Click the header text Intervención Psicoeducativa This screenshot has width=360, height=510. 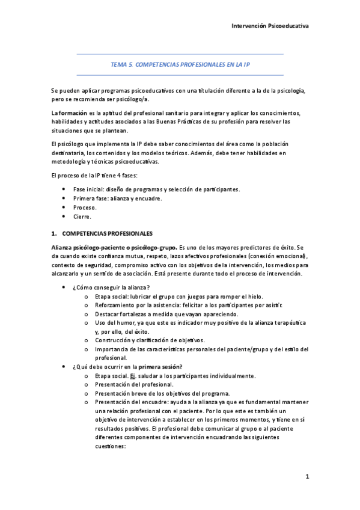coord(270,26)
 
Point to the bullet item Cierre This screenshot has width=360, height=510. coord(83,217)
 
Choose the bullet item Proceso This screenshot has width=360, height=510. coord(85,207)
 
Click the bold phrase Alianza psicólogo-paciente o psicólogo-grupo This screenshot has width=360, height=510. coord(113,247)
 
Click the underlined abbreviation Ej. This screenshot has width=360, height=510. coord(134,376)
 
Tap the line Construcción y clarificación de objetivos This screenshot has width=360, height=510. coord(150,340)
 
